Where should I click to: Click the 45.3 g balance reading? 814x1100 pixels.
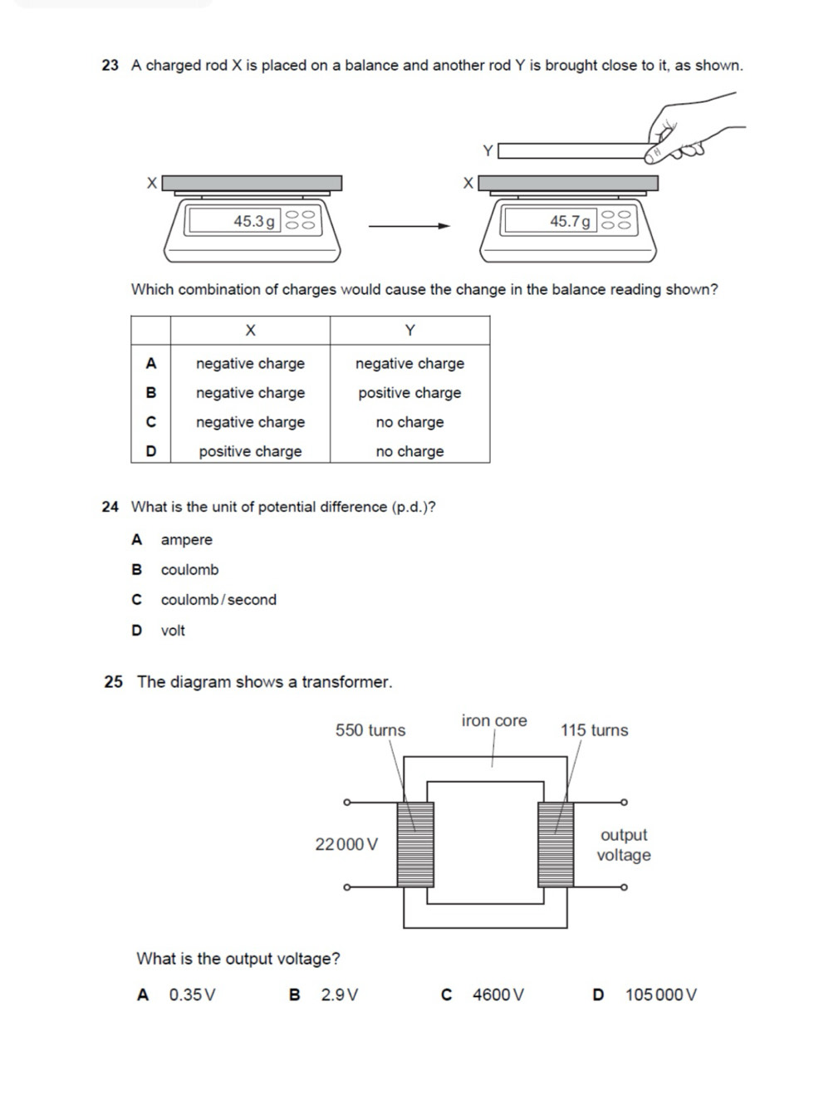[x=253, y=221]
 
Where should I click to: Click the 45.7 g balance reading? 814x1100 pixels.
[x=570, y=221]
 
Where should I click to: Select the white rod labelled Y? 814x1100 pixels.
[x=573, y=151]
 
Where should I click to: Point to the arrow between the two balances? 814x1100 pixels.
[x=409, y=225]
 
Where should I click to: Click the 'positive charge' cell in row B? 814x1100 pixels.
[x=409, y=393]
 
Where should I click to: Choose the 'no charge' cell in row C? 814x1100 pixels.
[x=409, y=422]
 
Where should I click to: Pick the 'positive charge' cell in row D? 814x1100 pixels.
[x=250, y=451]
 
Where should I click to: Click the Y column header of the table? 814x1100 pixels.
[x=409, y=331]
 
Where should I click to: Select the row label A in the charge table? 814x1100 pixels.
[x=150, y=363]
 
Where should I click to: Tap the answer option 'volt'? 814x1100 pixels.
[x=173, y=631]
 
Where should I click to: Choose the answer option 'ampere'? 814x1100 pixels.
[x=186, y=540]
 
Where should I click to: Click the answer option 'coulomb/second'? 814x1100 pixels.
[x=218, y=600]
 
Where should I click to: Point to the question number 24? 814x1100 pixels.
[x=110, y=507]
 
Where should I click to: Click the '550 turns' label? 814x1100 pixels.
[x=370, y=730]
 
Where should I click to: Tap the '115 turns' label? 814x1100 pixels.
[x=594, y=730]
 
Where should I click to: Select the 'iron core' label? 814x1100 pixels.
[x=494, y=720]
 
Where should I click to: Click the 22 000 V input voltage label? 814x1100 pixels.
[x=346, y=844]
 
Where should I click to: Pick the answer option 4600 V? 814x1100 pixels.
[x=498, y=994]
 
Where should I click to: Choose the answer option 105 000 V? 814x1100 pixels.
[x=660, y=994]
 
